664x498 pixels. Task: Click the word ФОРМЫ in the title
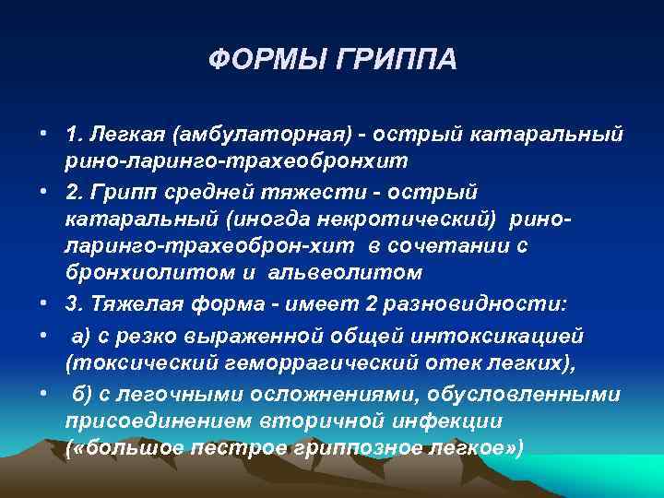(x=267, y=61)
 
